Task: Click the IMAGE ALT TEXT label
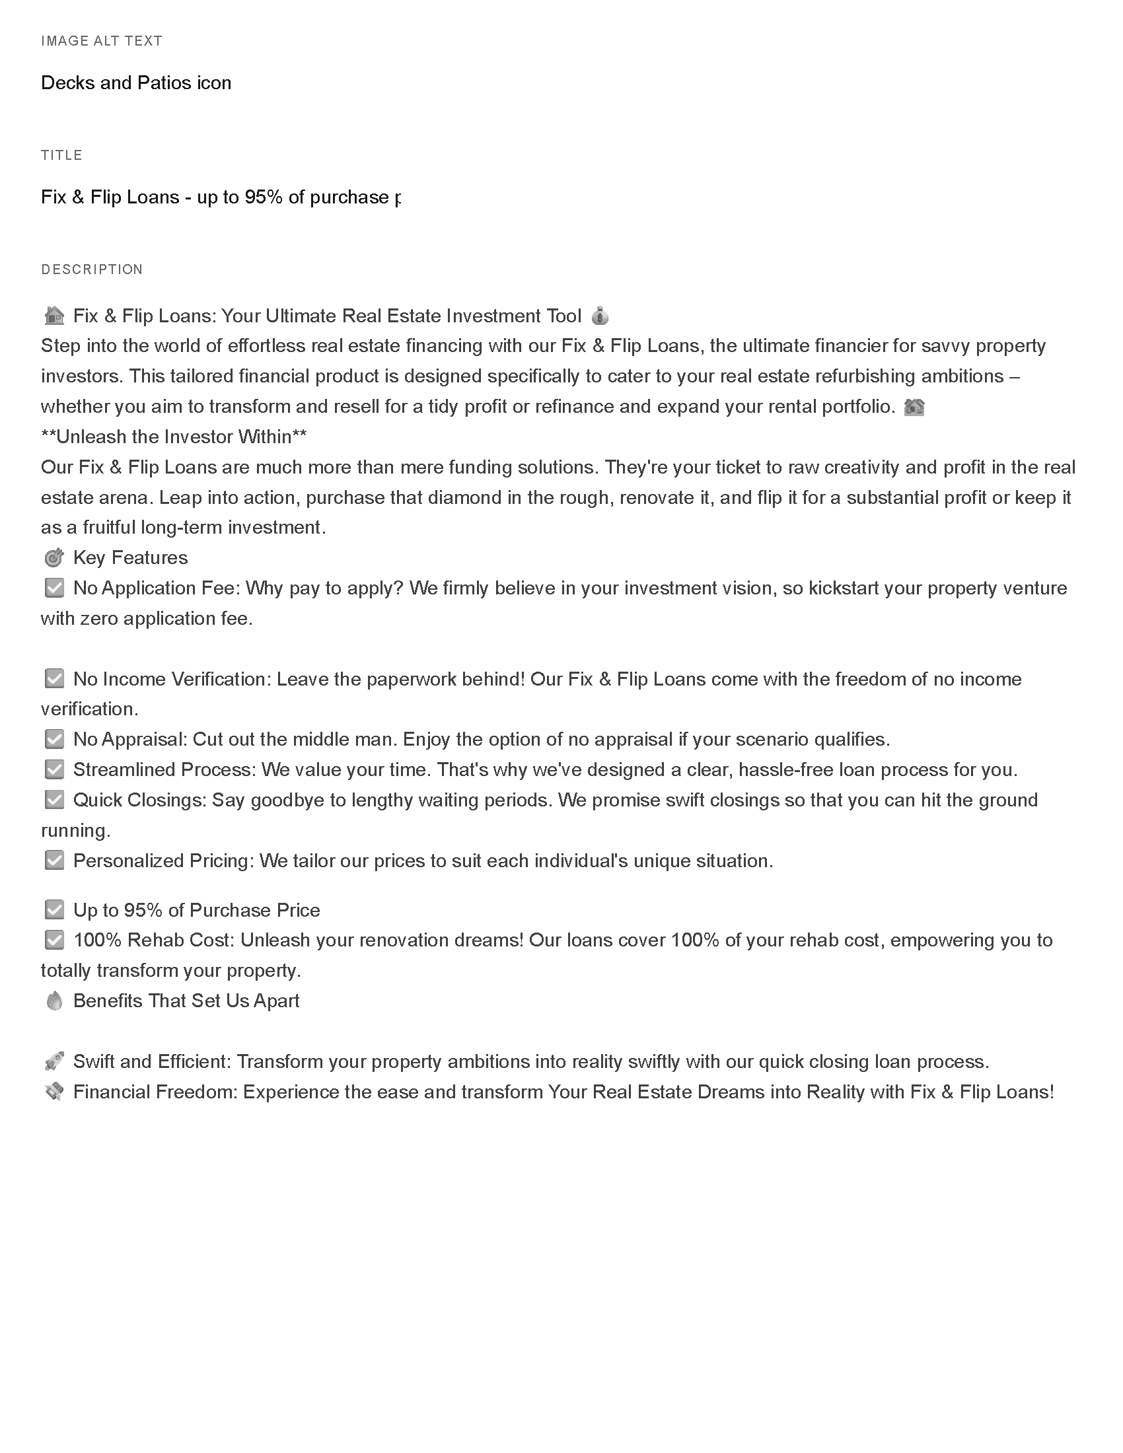click(x=102, y=41)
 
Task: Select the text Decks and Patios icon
click(x=135, y=83)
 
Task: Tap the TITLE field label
click(x=62, y=155)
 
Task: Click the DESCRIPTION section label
click(x=92, y=269)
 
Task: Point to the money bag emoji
click(x=599, y=315)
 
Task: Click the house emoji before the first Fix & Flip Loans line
click(x=54, y=315)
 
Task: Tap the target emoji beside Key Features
click(x=54, y=557)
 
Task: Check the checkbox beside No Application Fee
click(x=54, y=588)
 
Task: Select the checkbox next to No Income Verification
click(x=54, y=678)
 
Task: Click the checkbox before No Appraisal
click(x=54, y=739)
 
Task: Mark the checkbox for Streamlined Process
click(x=54, y=769)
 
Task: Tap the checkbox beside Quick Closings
click(x=54, y=800)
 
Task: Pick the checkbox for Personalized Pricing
click(x=54, y=861)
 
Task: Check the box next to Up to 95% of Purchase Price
click(x=54, y=910)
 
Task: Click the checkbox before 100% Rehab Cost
click(x=54, y=940)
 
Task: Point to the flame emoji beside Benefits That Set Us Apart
click(x=54, y=1001)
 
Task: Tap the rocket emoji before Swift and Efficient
click(x=54, y=1061)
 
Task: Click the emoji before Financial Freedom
click(x=54, y=1092)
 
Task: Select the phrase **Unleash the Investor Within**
click(x=174, y=437)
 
